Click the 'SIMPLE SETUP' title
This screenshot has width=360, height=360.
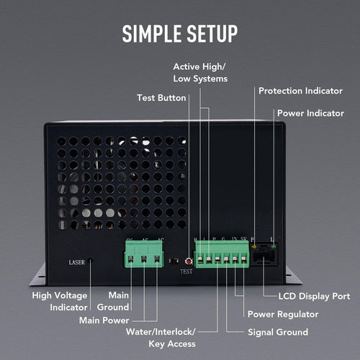click(x=179, y=33)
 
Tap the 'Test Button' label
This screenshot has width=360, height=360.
click(x=161, y=98)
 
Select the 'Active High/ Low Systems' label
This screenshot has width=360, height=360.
click(x=200, y=72)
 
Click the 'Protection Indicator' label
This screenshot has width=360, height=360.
click(x=301, y=91)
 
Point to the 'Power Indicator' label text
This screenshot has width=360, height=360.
click(x=310, y=113)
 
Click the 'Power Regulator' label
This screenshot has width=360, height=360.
click(x=282, y=314)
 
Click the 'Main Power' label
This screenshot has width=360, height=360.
click(x=105, y=320)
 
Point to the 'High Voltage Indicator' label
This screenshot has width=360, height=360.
click(x=60, y=301)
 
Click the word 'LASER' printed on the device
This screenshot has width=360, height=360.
click(x=76, y=262)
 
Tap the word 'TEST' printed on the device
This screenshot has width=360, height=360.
click(x=186, y=273)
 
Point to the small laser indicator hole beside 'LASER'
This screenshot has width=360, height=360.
click(x=91, y=262)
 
